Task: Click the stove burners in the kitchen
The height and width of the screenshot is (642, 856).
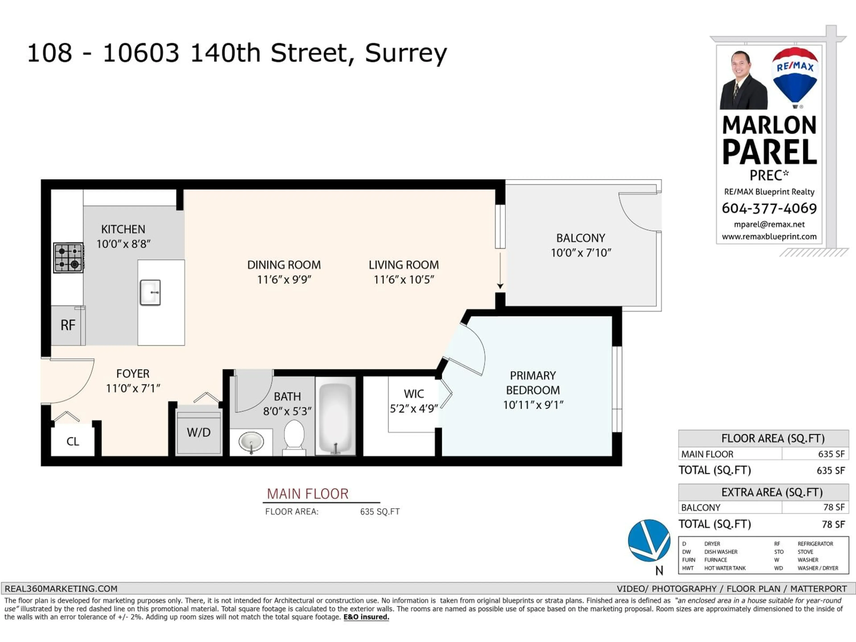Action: click(x=68, y=258)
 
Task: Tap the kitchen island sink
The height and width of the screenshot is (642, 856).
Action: click(x=150, y=292)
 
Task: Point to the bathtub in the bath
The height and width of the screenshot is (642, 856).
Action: click(x=335, y=416)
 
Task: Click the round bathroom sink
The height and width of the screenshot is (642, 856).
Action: click(x=251, y=442)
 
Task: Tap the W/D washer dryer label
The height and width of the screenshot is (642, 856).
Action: click(x=199, y=432)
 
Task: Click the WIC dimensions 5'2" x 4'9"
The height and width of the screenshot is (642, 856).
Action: click(x=414, y=409)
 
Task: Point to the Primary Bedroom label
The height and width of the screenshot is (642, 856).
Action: click(x=533, y=383)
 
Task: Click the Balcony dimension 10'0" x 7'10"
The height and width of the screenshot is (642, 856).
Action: click(x=580, y=253)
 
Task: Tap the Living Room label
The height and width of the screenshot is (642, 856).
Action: click(x=404, y=265)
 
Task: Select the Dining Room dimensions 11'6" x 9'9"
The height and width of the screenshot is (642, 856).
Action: click(x=284, y=279)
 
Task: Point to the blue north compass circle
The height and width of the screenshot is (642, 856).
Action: click(x=649, y=540)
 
